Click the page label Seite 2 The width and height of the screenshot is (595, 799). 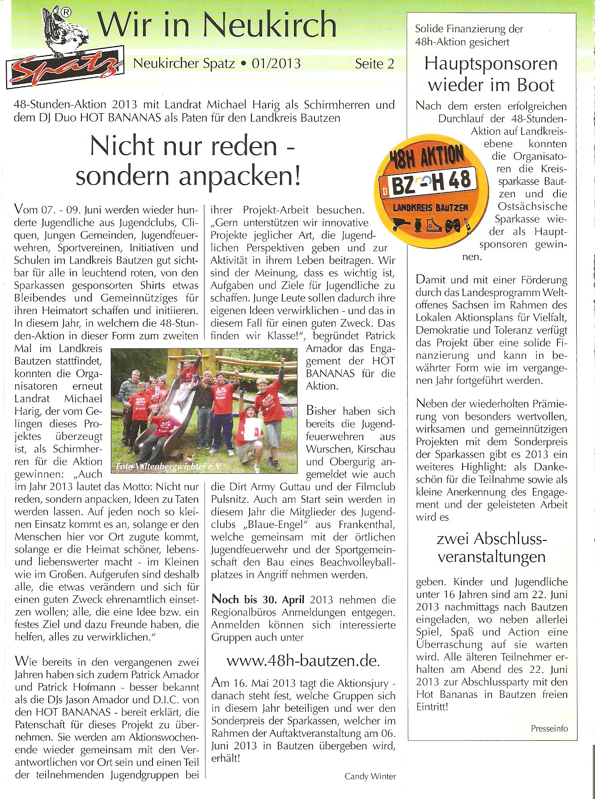374,64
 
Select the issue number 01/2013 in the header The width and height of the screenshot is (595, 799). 276,64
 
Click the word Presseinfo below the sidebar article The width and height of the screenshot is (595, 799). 549,728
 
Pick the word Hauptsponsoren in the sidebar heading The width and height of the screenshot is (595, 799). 491,64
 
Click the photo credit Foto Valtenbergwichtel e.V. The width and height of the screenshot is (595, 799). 169,466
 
